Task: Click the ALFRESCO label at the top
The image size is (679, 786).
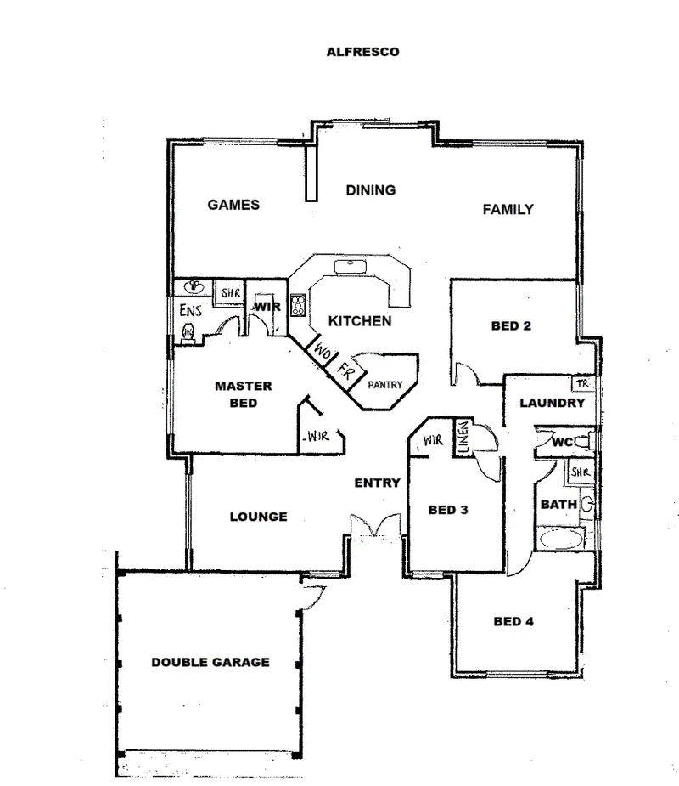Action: [362, 52]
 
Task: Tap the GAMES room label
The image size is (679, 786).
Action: [233, 205]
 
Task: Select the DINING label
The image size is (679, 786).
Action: [371, 190]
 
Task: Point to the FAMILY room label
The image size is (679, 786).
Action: [508, 210]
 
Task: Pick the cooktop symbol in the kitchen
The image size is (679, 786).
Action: [297, 305]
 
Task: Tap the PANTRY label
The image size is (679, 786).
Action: [385, 385]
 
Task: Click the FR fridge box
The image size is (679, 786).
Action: [345, 372]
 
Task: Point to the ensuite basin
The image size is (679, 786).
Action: [194, 287]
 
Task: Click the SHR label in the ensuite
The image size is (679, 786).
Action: [231, 293]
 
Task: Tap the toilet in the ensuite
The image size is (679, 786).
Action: [188, 332]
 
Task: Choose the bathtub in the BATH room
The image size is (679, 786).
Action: [561, 540]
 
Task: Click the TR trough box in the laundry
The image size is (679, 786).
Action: [583, 383]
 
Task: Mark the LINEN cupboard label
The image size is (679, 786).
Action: [463, 438]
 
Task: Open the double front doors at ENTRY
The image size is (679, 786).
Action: [375, 526]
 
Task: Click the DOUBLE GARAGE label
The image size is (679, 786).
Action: [210, 662]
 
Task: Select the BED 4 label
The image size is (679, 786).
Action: [513, 622]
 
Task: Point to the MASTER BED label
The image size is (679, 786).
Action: [244, 394]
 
